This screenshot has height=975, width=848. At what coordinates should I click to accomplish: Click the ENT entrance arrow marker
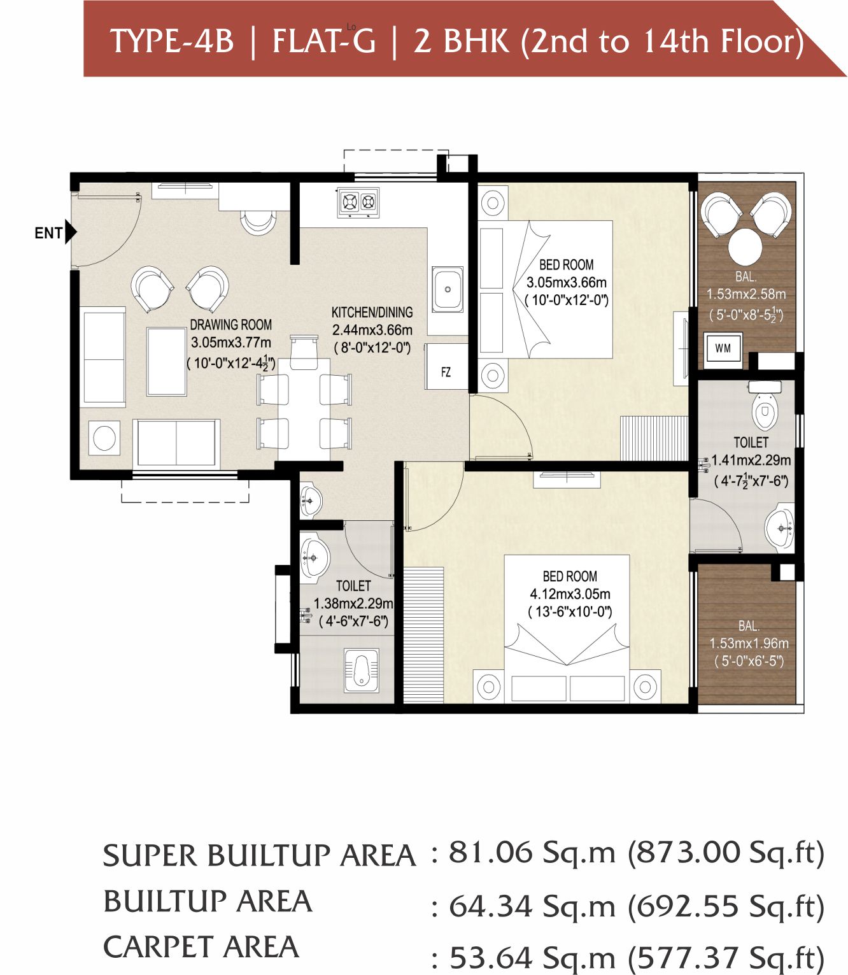click(71, 232)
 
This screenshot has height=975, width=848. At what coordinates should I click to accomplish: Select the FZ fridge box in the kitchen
click(446, 366)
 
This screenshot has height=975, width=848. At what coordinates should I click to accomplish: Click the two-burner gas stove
click(358, 203)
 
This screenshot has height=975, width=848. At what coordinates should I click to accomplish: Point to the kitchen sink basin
click(448, 288)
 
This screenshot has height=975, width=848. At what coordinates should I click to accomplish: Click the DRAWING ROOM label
click(231, 325)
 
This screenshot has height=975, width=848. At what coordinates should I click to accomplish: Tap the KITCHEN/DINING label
click(372, 312)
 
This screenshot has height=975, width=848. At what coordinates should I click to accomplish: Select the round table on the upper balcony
click(747, 246)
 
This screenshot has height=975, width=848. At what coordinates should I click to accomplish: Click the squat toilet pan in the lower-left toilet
click(362, 670)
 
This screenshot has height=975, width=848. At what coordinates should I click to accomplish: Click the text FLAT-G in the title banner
click(324, 41)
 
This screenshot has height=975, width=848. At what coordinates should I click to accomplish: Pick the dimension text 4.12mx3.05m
click(570, 594)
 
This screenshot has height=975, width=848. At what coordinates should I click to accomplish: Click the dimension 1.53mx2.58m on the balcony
click(746, 294)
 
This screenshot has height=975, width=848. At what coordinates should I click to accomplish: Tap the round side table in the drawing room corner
click(104, 438)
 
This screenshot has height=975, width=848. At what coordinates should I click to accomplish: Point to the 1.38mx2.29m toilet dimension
click(353, 603)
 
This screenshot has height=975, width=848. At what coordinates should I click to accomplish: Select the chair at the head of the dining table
click(304, 352)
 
